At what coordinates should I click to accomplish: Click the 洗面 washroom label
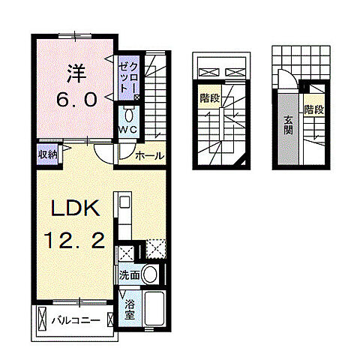128,275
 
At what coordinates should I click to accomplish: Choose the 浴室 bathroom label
130,310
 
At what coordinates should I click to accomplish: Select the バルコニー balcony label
75,321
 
